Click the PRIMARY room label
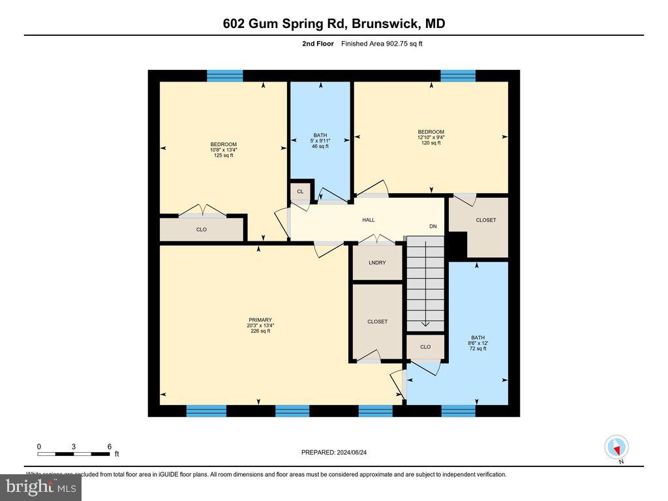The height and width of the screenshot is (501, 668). click(259, 320)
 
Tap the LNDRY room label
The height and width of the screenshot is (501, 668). click(377, 262)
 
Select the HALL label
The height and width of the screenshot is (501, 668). click(369, 220)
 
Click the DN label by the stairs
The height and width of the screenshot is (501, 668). click(433, 226)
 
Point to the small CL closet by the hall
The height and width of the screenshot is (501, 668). click(300, 192)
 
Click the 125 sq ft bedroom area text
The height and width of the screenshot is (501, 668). click(223, 155)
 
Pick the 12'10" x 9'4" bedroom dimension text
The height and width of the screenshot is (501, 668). click(431, 137)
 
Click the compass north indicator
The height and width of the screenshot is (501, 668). click(616, 448)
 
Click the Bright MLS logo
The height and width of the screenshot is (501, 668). click(41, 487)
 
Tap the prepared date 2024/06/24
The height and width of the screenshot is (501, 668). click(339, 452)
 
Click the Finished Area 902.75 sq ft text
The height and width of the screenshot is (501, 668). click(386, 44)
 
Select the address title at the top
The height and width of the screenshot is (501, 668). click(333, 24)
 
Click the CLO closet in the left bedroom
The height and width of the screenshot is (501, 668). click(202, 230)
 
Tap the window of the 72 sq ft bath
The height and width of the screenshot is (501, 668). click(459, 410)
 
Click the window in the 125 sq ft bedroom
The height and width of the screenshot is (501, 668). click(225, 76)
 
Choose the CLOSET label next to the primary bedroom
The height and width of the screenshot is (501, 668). click(377, 322)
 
